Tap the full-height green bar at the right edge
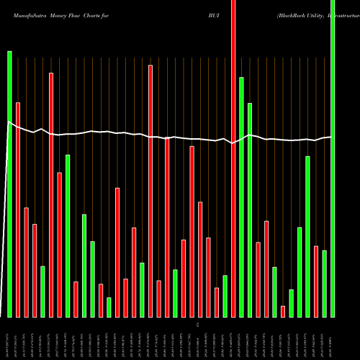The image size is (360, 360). coord(333,158)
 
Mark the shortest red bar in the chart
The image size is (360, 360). coord(283,311)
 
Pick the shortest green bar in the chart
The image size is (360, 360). coord(109,307)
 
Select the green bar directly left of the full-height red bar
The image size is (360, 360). coord(225,296)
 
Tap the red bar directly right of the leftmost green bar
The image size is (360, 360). coord(18,210)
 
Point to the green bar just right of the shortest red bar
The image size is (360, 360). coord(291,303)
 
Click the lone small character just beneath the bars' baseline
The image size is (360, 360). coord(199,326)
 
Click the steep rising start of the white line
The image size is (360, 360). coord(4,216)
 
